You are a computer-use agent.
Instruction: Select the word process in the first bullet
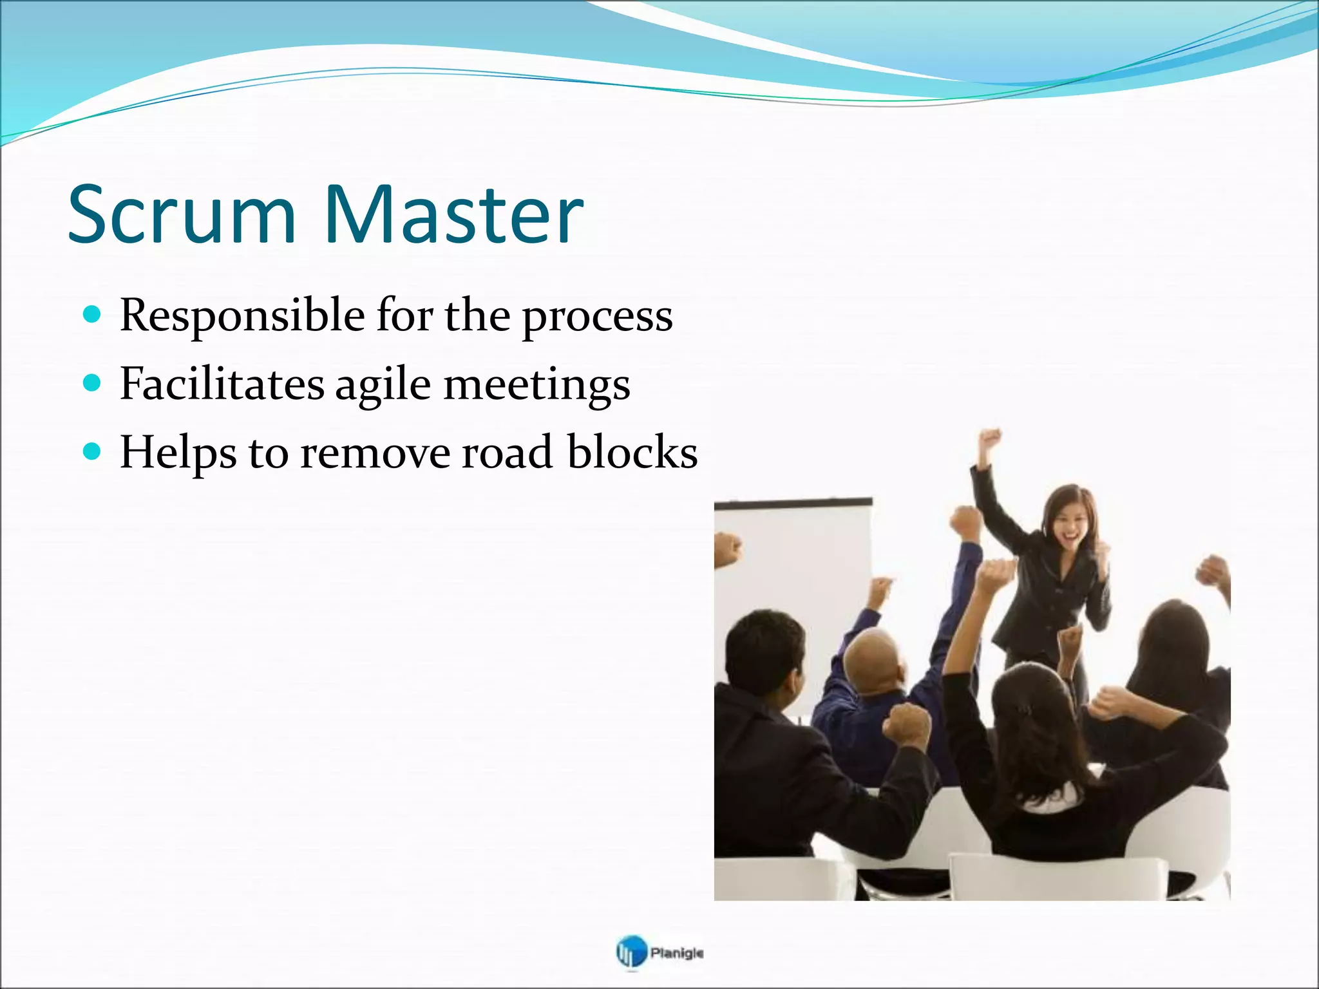(597, 318)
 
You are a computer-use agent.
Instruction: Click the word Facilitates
(222, 385)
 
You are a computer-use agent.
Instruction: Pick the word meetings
(536, 386)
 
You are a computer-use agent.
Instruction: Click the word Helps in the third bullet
(178, 453)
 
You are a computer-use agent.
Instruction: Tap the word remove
(375, 453)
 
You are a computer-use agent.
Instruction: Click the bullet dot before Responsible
(93, 315)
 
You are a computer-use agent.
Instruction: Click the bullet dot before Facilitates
(93, 384)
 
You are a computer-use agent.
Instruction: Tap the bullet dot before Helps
(93, 452)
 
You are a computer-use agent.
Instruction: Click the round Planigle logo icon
(630, 952)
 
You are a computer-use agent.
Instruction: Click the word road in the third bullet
(508, 452)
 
